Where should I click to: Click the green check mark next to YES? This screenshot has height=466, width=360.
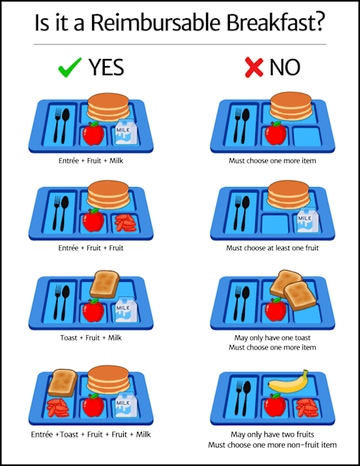tap(70, 67)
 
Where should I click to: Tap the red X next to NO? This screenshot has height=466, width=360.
tap(254, 67)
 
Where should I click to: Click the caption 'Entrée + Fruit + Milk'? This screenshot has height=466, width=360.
tap(91, 161)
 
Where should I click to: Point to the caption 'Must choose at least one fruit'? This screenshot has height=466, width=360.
tap(272, 248)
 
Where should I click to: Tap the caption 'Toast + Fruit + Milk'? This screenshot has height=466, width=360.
tap(91, 337)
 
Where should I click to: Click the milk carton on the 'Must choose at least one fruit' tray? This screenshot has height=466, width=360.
tap(308, 220)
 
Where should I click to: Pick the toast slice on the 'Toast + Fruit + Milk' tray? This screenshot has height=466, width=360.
tap(105, 285)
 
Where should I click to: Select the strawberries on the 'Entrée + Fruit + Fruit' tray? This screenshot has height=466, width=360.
tap(126, 222)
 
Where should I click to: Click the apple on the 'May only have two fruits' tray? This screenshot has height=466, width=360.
tap(275, 405)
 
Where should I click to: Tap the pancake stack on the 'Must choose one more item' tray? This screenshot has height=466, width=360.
tap(291, 106)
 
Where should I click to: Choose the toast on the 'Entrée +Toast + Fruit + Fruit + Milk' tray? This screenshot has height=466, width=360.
tap(63, 383)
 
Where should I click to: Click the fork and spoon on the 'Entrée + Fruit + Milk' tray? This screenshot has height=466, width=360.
tap(62, 125)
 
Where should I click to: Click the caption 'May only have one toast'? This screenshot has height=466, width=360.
tap(272, 337)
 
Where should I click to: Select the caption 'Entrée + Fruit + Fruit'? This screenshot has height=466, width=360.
tap(91, 248)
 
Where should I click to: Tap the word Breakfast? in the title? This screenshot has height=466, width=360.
tap(276, 22)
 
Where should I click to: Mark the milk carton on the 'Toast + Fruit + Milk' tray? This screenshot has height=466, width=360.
tap(126, 309)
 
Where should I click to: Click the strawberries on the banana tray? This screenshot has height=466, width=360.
tap(307, 407)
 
